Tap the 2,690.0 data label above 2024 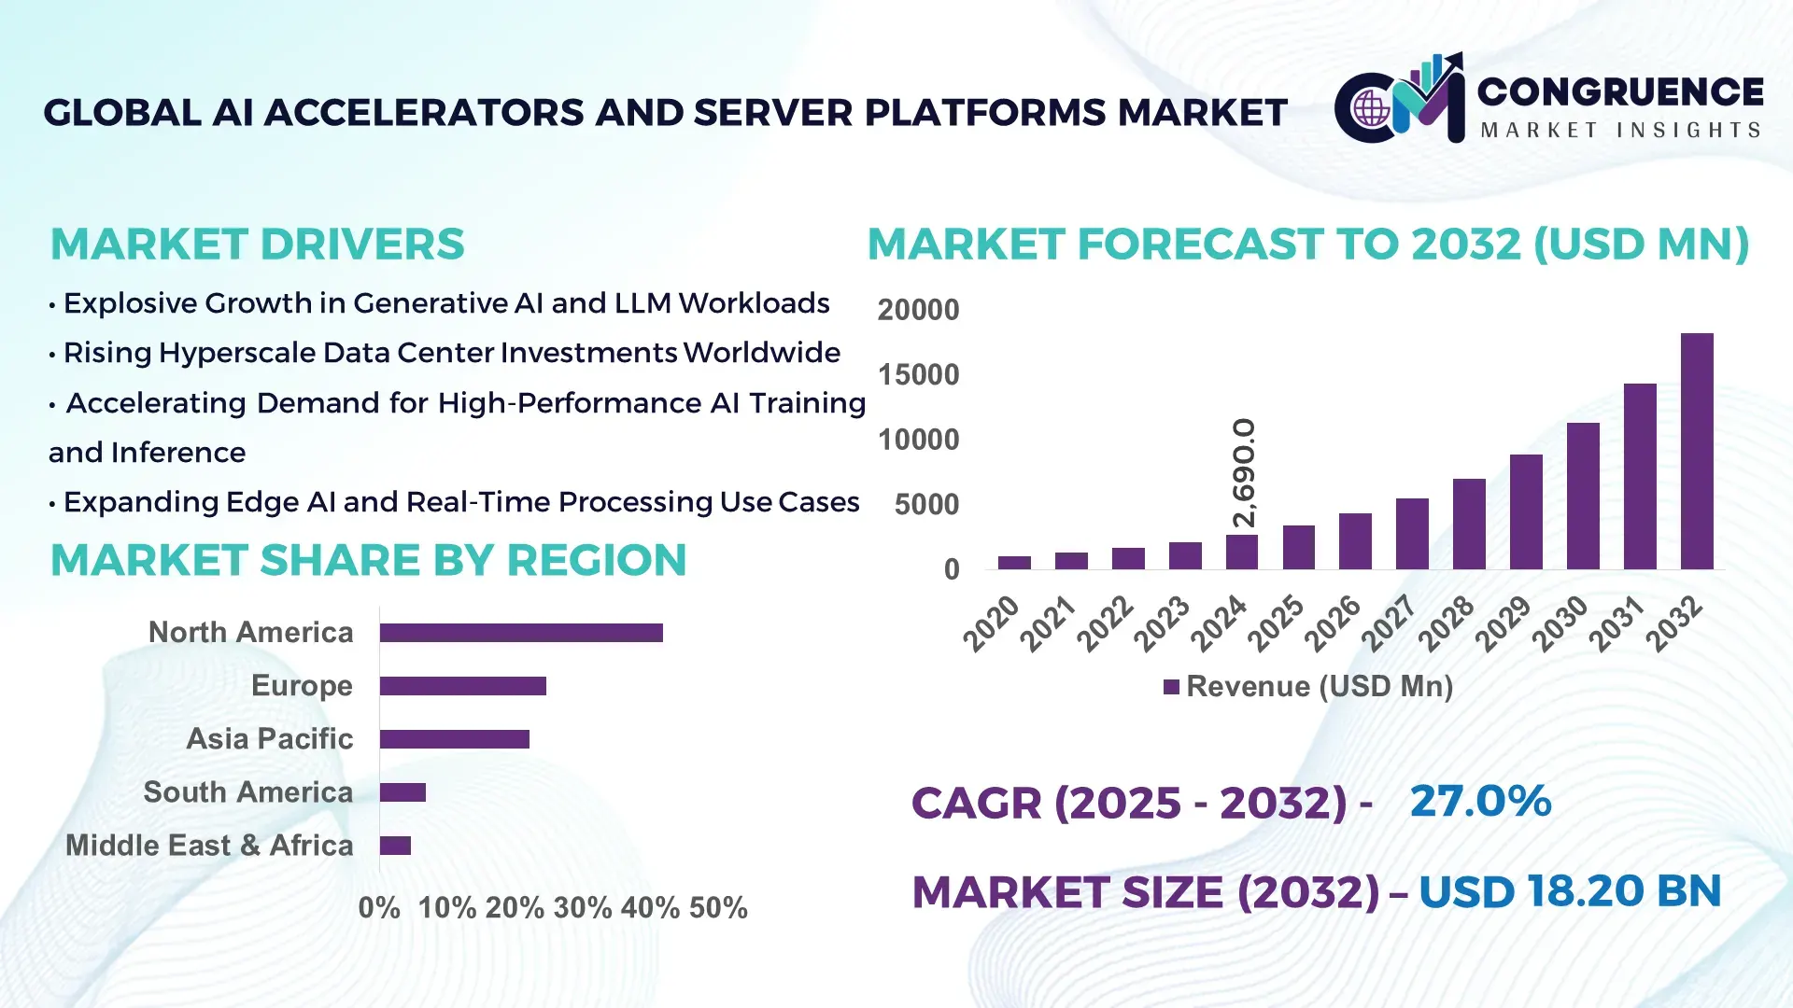[x=1244, y=472]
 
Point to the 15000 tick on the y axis [x=918, y=375]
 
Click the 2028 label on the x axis [x=1446, y=623]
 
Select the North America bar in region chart [x=521, y=633]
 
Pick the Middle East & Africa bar [x=395, y=846]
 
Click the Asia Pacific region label [x=270, y=739]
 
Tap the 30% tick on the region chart [x=583, y=908]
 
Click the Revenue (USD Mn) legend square [x=1171, y=687]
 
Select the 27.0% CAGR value [x=1480, y=801]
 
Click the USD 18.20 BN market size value [x=1570, y=891]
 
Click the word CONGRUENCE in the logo [x=1620, y=91]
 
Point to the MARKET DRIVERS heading [x=257, y=245]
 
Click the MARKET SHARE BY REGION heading [x=368, y=561]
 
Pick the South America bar [x=402, y=792]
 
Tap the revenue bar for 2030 [x=1583, y=496]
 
